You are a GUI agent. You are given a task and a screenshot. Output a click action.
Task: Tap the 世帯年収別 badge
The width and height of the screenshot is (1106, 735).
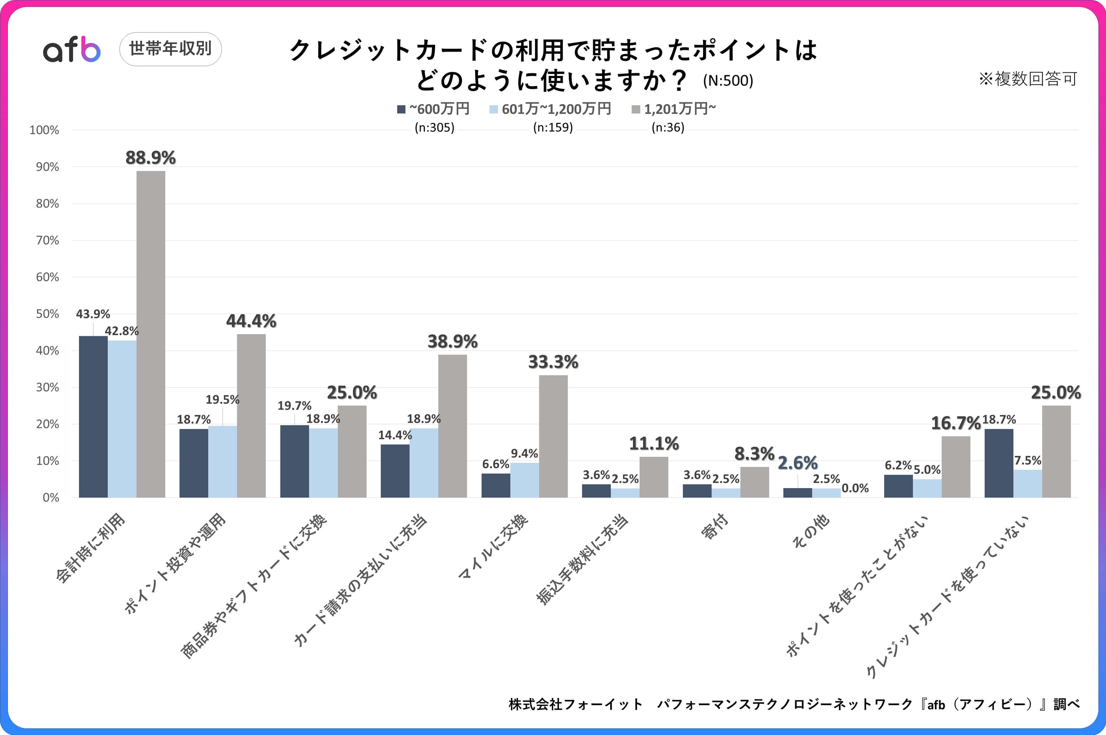171,49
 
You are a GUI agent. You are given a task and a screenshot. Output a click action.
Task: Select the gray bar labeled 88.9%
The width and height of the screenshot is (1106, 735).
151,334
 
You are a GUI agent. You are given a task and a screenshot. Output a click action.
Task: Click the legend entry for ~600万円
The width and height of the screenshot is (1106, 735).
433,109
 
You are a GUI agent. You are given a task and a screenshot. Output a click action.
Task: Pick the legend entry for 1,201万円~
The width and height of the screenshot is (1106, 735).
674,109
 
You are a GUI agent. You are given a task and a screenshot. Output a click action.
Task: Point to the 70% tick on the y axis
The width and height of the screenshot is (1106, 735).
47,241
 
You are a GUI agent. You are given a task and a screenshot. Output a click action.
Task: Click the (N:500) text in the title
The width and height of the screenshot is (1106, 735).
728,81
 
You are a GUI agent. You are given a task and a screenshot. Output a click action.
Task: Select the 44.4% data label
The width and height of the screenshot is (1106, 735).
251,321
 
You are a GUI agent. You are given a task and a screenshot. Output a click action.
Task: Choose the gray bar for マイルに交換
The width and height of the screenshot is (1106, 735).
553,436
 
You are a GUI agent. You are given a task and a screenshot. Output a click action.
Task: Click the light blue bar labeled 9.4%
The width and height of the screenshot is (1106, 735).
524,480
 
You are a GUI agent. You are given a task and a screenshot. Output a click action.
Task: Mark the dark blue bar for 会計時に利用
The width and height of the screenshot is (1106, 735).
93,416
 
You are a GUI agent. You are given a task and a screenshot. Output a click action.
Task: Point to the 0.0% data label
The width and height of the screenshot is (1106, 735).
855,488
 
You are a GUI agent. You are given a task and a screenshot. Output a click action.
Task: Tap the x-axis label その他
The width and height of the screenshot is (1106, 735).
811,531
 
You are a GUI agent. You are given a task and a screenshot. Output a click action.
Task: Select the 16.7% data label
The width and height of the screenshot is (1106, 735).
956,423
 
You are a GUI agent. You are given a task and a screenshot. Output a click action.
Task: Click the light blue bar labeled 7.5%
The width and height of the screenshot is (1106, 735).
1028,483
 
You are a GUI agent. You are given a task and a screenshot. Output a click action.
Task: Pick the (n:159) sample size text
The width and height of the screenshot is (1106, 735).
553,127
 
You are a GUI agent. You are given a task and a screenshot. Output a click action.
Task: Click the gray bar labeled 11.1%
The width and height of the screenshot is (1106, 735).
654,477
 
